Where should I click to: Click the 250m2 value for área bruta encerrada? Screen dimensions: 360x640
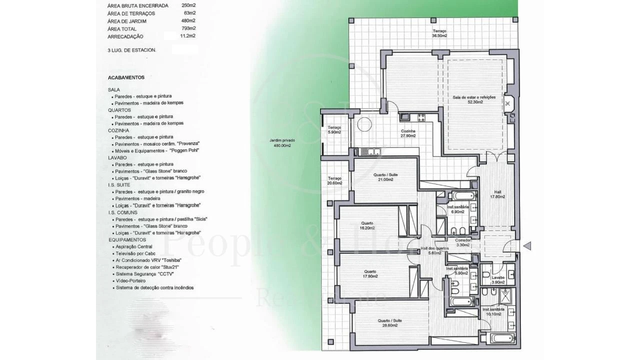click(x=188, y=5)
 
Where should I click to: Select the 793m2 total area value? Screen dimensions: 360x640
click(x=188, y=28)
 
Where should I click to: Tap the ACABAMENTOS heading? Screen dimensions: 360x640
click(x=126, y=77)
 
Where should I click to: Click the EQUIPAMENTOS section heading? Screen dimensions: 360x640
click(x=127, y=239)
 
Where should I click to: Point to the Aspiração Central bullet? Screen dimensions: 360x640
click(x=133, y=247)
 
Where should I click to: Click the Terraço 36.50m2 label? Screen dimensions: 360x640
click(x=439, y=33)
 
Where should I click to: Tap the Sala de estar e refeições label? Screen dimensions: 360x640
click(x=474, y=99)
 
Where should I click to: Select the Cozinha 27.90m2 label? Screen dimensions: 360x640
click(x=408, y=133)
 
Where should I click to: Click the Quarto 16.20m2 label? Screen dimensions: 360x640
click(x=367, y=225)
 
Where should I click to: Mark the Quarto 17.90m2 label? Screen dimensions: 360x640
click(x=370, y=274)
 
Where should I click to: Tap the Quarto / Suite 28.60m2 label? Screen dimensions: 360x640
click(x=390, y=323)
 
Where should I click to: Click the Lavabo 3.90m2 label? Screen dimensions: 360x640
click(x=497, y=280)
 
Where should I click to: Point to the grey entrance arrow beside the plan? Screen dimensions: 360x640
click(x=526, y=245)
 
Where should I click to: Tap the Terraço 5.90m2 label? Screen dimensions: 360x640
click(x=334, y=130)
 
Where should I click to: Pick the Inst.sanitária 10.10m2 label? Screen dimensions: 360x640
click(x=493, y=311)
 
